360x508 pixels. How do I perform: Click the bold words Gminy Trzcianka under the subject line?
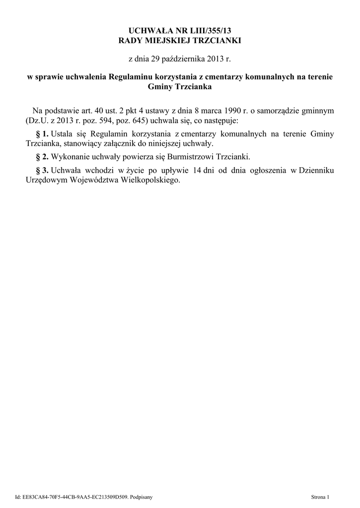tap(180, 87)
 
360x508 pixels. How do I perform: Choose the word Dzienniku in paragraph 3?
tap(315, 171)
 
